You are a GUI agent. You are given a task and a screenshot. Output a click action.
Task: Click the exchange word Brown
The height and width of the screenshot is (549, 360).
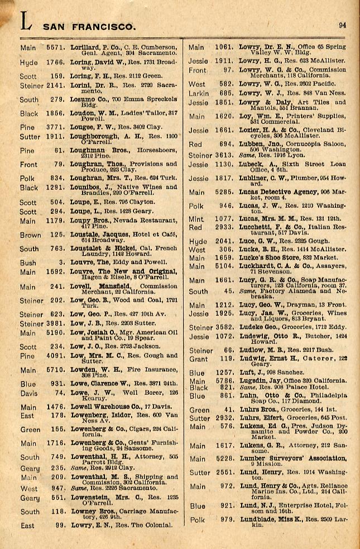pyautogui.click(x=30, y=236)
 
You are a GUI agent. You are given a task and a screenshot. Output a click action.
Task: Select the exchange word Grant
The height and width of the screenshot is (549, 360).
pyautogui.click(x=198, y=359)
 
